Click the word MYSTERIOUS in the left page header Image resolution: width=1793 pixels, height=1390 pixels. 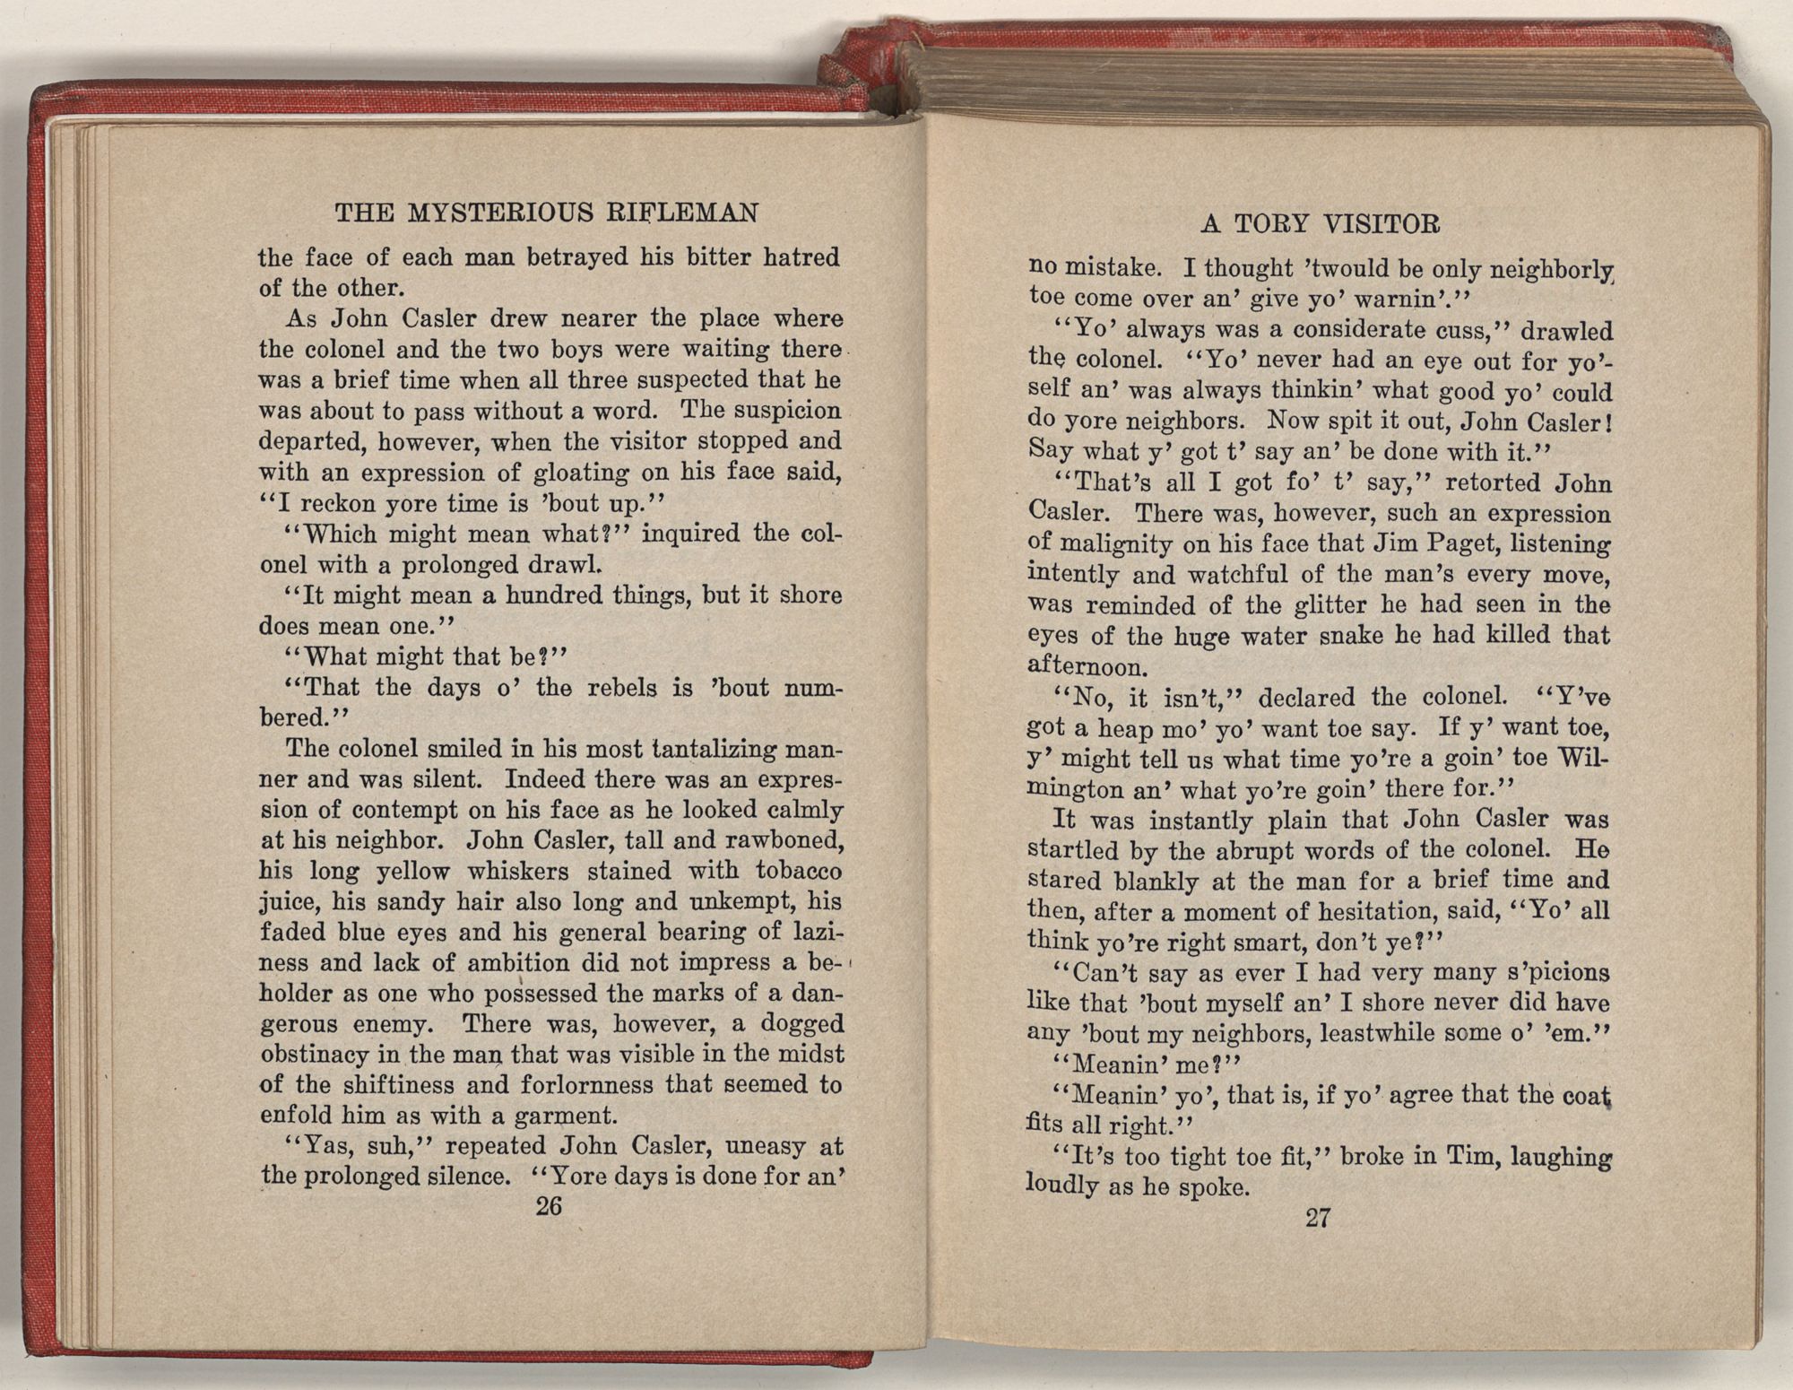tap(498, 213)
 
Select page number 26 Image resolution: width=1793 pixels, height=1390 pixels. tap(548, 1206)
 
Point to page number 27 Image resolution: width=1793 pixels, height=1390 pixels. tap(1317, 1218)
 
